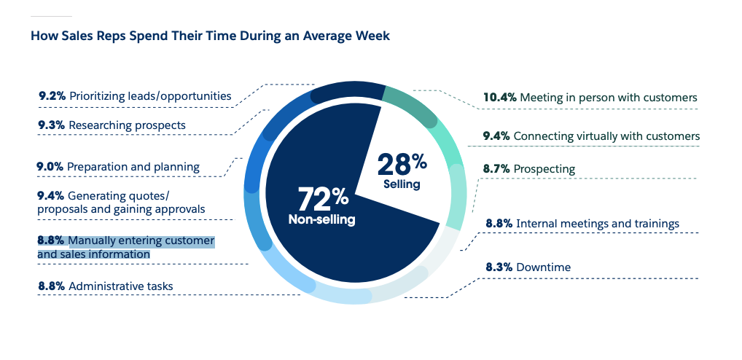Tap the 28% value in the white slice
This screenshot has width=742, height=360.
(402, 165)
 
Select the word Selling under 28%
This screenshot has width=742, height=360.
(402, 184)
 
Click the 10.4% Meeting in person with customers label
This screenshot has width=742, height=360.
(590, 97)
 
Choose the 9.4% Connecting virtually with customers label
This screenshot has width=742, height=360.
(591, 136)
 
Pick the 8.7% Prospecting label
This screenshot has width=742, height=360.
(529, 169)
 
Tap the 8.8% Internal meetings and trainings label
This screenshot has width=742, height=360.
(582, 223)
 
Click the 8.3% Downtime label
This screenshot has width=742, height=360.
(528, 267)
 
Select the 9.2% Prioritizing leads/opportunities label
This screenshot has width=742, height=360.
(135, 95)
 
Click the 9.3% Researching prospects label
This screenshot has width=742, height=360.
(112, 125)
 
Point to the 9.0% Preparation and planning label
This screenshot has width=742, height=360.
(118, 167)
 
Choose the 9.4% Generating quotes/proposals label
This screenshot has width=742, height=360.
(121, 202)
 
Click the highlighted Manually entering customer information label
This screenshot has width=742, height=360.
(126, 247)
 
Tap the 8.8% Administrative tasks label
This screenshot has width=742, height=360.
(106, 286)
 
